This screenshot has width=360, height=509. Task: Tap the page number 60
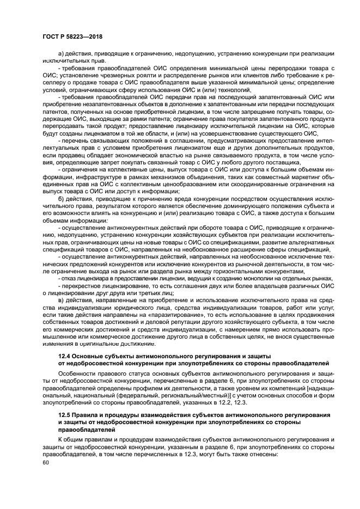pos(45,462)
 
